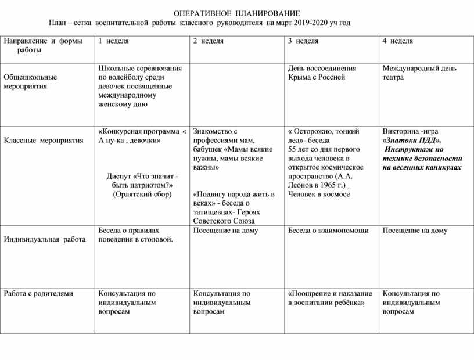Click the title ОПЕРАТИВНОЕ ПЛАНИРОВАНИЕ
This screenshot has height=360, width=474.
click(x=238, y=13)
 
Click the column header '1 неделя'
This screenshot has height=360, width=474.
click(x=114, y=41)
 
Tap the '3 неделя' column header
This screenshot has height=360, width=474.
click(x=303, y=41)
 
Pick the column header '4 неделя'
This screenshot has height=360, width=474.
click(x=398, y=41)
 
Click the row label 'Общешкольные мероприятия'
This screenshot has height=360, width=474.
click(x=30, y=81)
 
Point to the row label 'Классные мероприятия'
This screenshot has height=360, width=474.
click(x=43, y=141)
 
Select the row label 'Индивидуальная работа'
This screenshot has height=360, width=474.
click(x=45, y=239)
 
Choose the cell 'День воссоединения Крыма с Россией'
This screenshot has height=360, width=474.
click(x=322, y=73)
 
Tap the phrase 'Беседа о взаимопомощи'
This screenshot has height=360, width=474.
click(x=328, y=231)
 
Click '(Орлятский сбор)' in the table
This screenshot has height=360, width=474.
click(x=142, y=195)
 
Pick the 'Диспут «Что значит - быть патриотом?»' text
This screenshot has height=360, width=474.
click(x=142, y=181)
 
